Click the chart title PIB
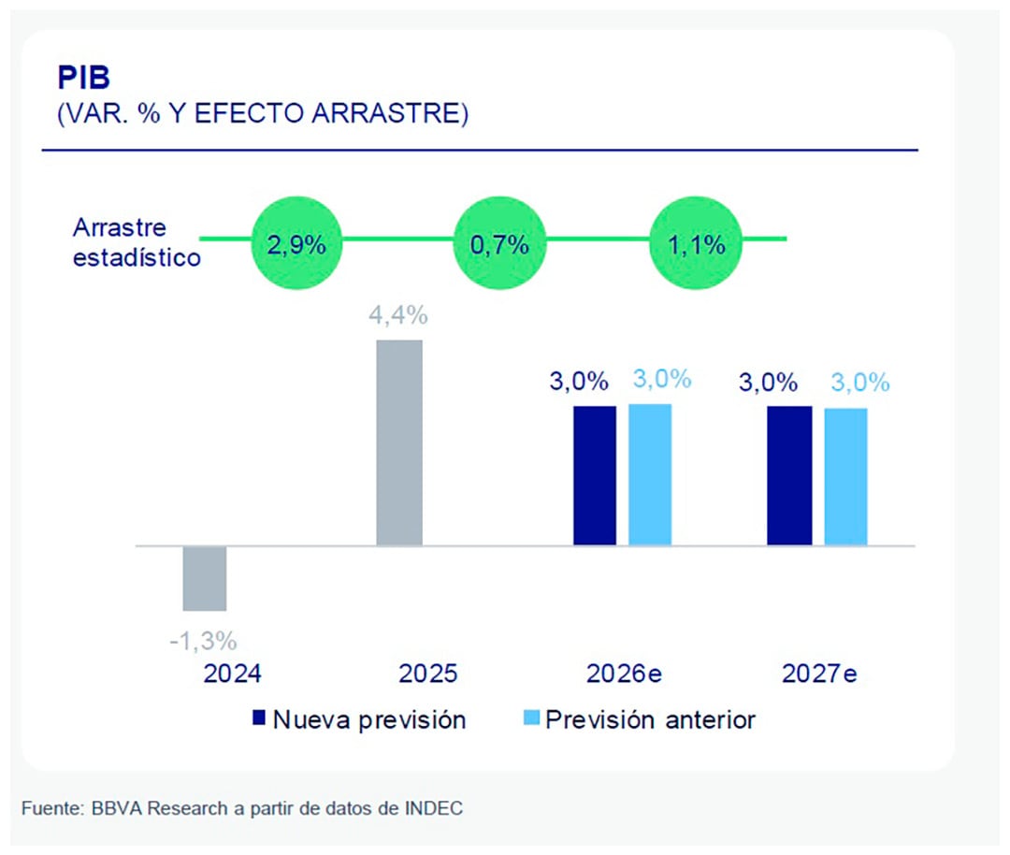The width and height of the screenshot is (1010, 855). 83,78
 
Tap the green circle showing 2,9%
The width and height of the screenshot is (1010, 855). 296,246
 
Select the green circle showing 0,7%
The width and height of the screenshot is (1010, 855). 499,246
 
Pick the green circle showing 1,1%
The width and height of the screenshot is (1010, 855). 697,246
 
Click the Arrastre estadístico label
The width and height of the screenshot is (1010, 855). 137,242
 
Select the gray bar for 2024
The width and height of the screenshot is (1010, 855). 205,578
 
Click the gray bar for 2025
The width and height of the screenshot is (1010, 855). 399,442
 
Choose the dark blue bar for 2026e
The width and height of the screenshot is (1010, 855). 594,475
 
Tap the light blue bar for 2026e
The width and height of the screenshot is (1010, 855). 650,474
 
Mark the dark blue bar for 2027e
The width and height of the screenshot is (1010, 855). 789,475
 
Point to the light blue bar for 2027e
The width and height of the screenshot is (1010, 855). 845,476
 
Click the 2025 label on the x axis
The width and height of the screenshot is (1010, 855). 427,674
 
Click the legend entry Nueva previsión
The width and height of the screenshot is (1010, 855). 359,719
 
